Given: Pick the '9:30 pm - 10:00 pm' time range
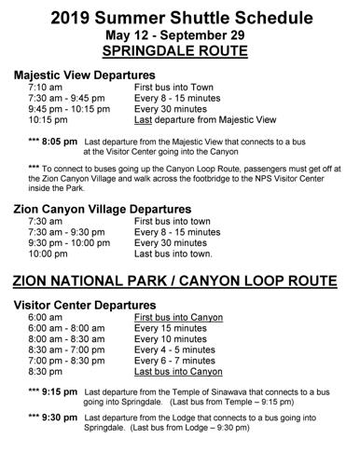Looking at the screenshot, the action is (68, 241).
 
